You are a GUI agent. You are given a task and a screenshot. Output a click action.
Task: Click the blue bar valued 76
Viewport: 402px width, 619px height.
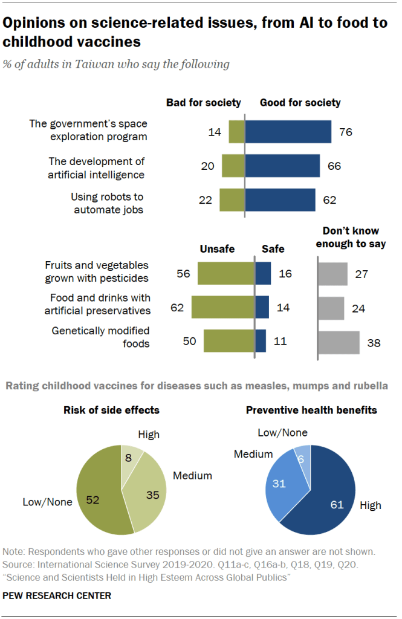tap(288, 132)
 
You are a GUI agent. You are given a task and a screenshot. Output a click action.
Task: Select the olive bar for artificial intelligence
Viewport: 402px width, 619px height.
tap(233, 166)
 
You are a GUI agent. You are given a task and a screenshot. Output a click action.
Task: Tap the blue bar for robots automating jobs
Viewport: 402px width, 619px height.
tap(280, 200)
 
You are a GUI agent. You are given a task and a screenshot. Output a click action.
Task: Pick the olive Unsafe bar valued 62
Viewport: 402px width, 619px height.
tap(222, 307)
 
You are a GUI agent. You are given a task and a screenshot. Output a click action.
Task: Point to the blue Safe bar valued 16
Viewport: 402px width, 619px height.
tap(263, 273)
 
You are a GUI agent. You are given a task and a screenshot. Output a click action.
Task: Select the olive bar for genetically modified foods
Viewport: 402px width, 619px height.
tap(229, 341)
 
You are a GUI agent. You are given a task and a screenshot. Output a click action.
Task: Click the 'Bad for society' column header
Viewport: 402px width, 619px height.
tap(204, 103)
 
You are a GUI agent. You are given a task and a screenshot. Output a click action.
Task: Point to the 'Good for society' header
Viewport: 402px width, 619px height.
tap(300, 103)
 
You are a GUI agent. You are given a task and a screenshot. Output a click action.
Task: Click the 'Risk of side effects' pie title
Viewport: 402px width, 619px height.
tap(112, 410)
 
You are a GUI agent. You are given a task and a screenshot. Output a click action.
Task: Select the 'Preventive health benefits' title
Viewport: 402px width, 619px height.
tap(311, 410)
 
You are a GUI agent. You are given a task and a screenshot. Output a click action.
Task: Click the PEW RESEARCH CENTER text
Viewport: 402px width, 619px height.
tap(57, 595)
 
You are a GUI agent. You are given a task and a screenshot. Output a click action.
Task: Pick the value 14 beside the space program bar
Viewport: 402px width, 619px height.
tap(215, 132)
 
